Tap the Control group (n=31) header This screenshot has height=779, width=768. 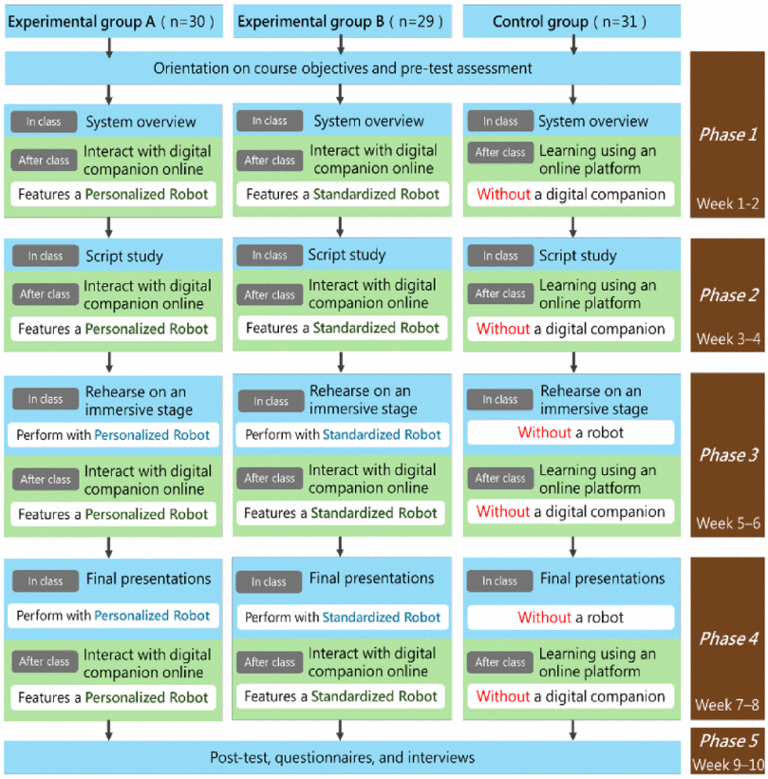[x=571, y=21]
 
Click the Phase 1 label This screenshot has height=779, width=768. [x=728, y=134]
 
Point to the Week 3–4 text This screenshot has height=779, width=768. [x=728, y=339]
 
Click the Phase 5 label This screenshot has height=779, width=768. [x=728, y=741]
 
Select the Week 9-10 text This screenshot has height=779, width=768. [x=728, y=765]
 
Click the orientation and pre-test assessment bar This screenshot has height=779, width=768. [x=343, y=68]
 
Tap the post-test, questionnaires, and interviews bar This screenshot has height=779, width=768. [x=343, y=757]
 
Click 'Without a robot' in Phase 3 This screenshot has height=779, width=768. [x=571, y=432]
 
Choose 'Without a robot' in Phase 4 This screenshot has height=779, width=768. [x=571, y=617]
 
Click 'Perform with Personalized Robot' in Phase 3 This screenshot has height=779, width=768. [x=113, y=435]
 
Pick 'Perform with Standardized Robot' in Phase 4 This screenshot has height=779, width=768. [x=343, y=617]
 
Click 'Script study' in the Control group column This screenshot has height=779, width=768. [x=578, y=256]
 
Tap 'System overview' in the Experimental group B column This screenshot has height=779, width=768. [x=369, y=121]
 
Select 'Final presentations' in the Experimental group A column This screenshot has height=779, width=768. [x=148, y=579]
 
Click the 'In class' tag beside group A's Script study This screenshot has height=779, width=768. [x=46, y=256]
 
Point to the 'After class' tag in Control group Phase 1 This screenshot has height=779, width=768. [x=500, y=153]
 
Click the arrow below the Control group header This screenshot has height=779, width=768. [x=574, y=45]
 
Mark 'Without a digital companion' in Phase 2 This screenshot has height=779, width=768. [x=571, y=329]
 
